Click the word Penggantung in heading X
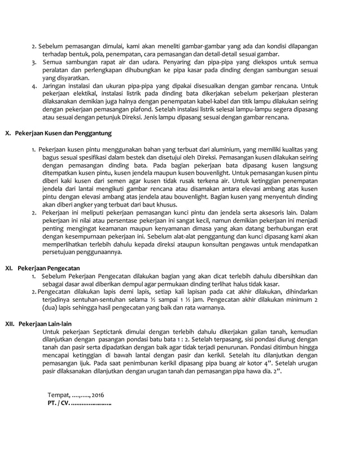(x=93, y=134)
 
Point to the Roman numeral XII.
(x=9, y=326)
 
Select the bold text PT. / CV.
(x=59, y=404)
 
